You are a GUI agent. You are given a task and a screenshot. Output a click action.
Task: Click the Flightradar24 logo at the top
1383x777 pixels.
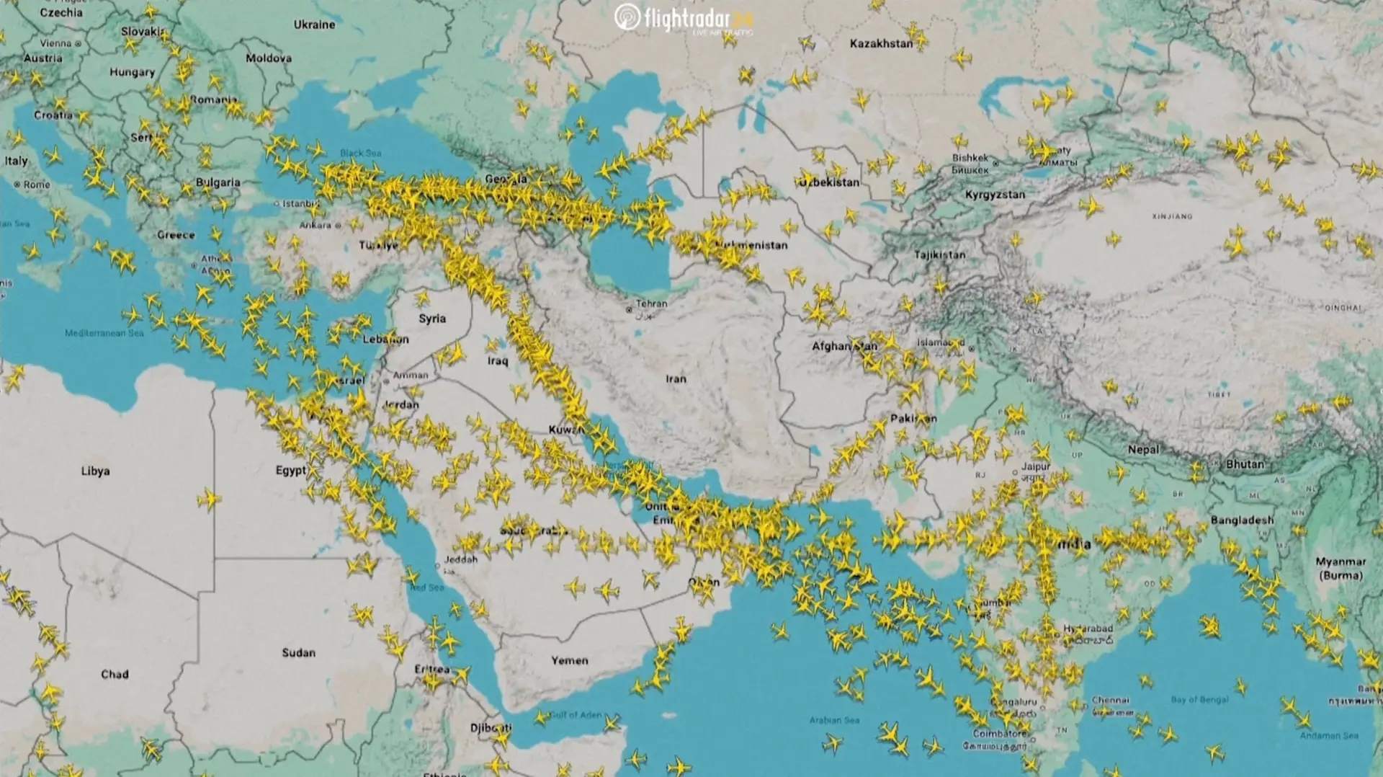tap(683, 19)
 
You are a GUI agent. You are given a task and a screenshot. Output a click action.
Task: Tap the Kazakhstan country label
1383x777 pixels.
tap(880, 43)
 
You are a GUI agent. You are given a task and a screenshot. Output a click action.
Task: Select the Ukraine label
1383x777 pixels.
tap(314, 25)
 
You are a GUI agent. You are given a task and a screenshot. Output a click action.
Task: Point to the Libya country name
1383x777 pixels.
tap(95, 471)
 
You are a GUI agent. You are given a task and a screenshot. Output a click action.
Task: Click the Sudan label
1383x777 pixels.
tap(298, 652)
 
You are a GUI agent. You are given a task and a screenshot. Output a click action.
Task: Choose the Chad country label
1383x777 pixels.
tap(115, 674)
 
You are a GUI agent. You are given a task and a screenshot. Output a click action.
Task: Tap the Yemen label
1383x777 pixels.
tap(569, 660)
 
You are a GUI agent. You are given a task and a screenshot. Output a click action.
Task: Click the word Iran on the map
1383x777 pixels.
tap(676, 378)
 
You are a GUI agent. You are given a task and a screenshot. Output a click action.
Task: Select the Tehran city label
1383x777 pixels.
tap(651, 303)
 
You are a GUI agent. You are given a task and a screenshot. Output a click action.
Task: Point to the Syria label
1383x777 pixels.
tap(432, 318)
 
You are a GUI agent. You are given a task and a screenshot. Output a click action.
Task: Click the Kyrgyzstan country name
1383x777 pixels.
tap(995, 195)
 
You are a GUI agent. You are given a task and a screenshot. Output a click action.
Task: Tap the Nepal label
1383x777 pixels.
tap(1143, 449)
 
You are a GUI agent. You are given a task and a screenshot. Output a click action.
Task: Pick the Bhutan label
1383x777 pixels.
tap(1245, 464)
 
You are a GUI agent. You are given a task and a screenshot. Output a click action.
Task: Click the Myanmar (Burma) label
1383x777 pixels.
tap(1340, 568)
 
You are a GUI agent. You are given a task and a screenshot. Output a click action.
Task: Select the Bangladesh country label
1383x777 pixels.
tap(1242, 520)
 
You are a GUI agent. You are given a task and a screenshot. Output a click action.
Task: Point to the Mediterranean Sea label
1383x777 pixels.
tap(104, 333)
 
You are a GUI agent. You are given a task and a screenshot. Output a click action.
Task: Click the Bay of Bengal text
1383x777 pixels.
tap(1199, 699)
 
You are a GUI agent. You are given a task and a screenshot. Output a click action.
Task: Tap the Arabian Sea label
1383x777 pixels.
tap(834, 719)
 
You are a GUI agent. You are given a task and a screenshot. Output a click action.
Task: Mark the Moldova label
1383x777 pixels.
tap(268, 58)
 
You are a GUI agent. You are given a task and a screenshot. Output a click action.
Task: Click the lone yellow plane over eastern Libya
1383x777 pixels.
tap(209, 498)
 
